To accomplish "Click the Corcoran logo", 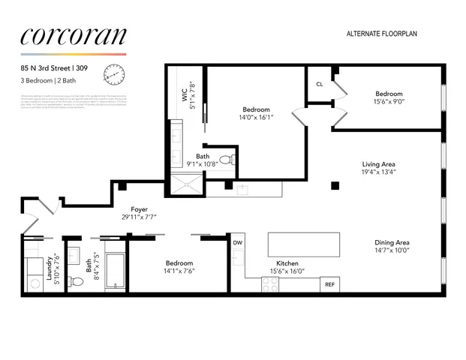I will point(74,37).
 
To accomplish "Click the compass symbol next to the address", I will point(115,73).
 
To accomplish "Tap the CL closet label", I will point(319,84).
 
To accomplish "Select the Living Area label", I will point(379,163).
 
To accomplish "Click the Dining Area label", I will point(392,242).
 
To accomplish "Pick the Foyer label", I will point(139,210).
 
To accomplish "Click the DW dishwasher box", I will point(237,243).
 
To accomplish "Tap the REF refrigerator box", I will point(329,285).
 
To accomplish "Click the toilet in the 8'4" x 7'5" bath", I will point(75,282).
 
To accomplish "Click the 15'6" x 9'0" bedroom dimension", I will point(389,103).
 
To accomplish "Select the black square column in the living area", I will point(335,185).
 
